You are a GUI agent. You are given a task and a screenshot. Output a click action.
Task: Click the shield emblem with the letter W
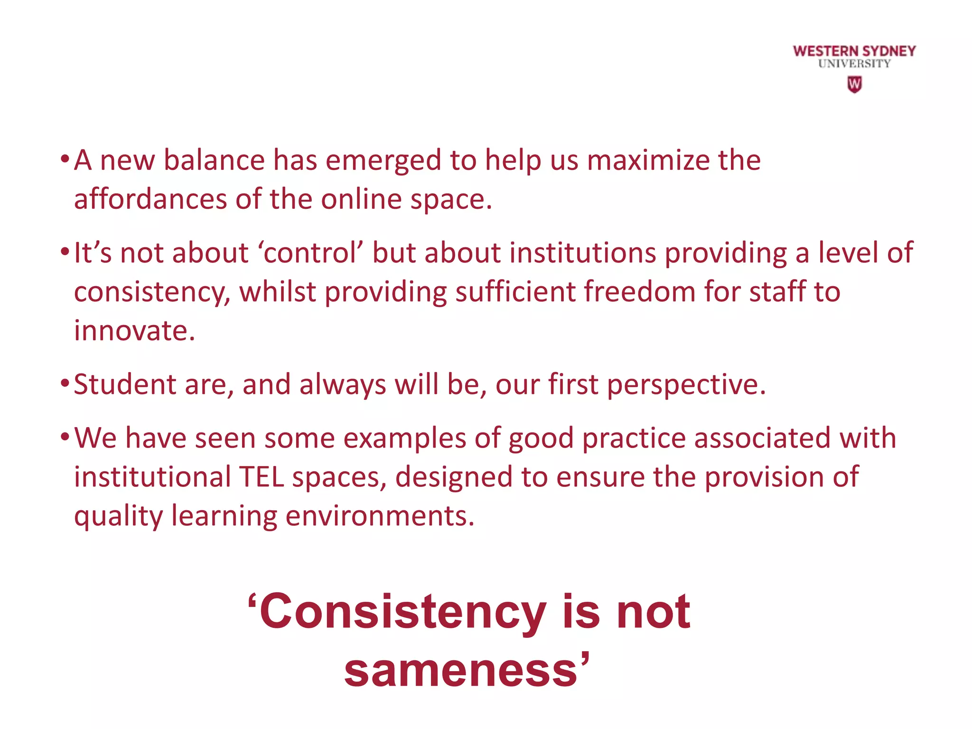pyautogui.click(x=854, y=84)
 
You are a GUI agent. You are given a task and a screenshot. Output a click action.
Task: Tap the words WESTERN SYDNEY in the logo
pyautogui.click(x=854, y=51)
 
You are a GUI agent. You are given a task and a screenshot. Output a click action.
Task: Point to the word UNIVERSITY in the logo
pyautogui.click(x=854, y=64)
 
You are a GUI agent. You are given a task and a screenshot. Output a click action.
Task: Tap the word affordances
pyautogui.click(x=150, y=199)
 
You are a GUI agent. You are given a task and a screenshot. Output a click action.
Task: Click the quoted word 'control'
pyautogui.click(x=310, y=252)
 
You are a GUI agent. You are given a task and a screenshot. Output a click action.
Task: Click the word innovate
pyautogui.click(x=134, y=330)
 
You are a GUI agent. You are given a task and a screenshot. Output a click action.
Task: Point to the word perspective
pyautogui.click(x=686, y=384)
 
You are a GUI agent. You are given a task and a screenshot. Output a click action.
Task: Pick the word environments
pyautogui.click(x=380, y=516)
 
